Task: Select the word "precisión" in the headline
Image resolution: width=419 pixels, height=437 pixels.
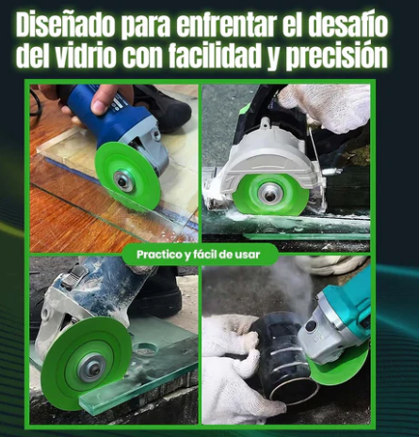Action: [336, 57]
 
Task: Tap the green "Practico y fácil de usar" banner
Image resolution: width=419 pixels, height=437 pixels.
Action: [200, 254]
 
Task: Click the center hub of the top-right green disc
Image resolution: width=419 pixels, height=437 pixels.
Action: [269, 195]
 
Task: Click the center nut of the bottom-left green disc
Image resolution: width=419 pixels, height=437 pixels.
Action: [92, 367]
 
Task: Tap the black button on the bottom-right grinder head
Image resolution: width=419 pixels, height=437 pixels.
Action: [311, 325]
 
